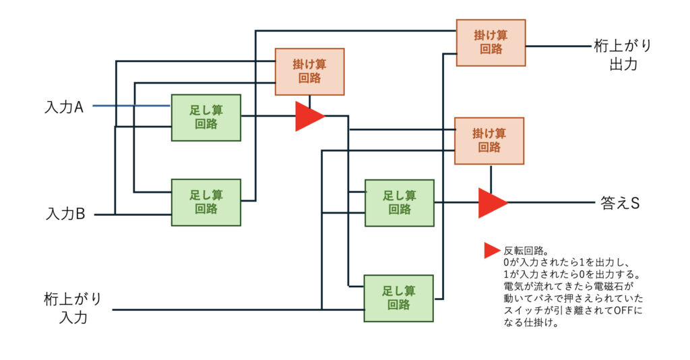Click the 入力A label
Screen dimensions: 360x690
[x=64, y=107]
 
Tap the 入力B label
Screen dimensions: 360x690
[x=65, y=214]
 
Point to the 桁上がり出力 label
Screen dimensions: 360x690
[x=623, y=55]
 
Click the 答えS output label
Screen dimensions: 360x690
[x=619, y=202]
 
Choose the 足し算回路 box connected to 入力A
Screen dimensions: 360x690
[x=206, y=117]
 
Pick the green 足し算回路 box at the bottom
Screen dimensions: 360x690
[x=398, y=298]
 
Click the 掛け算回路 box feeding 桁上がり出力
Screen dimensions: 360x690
[x=491, y=42]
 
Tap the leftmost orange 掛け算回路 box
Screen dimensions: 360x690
[x=309, y=71]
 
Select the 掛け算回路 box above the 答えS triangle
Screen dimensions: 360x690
[x=489, y=140]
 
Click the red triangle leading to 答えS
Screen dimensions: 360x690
[x=491, y=202]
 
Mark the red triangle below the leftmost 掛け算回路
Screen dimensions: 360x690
[x=309, y=116]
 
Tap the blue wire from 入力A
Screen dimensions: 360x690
[x=131, y=106]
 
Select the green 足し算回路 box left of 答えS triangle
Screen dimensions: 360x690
[x=400, y=202]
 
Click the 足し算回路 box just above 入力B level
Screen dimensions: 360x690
[x=206, y=202]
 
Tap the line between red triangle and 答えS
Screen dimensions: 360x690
[x=549, y=202]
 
